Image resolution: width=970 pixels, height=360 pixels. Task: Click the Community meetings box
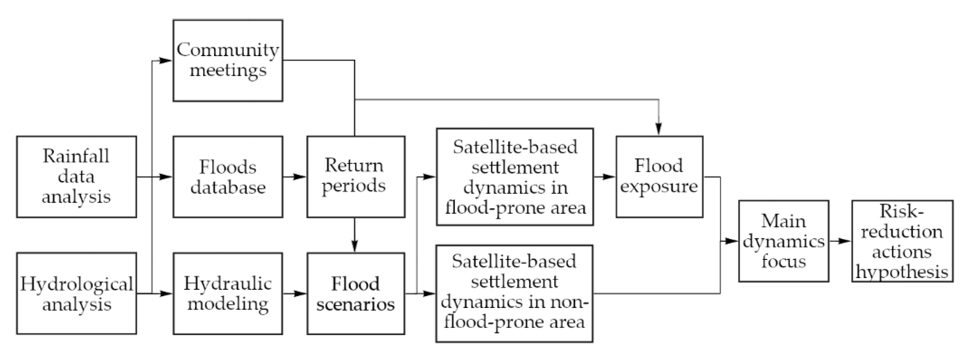(228, 60)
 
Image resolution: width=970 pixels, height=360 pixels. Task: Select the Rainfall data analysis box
(76, 177)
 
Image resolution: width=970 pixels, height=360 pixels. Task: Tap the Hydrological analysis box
(76, 293)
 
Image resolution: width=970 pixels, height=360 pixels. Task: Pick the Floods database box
(228, 177)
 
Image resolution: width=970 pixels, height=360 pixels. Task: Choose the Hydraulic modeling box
(228, 293)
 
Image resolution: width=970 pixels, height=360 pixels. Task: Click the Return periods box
(356, 177)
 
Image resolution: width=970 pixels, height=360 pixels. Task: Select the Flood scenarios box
(356, 293)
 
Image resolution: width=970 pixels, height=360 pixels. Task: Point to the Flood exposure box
(659, 177)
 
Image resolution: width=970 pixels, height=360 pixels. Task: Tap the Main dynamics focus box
(783, 241)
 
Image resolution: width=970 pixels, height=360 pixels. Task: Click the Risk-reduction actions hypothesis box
(902, 241)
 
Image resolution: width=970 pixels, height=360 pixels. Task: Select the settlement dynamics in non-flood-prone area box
(514, 293)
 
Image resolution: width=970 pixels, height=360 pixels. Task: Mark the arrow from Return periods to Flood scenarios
(354, 235)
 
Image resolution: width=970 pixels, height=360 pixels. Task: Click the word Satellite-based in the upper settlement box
(515, 147)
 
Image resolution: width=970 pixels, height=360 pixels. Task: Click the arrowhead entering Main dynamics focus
(731, 241)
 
